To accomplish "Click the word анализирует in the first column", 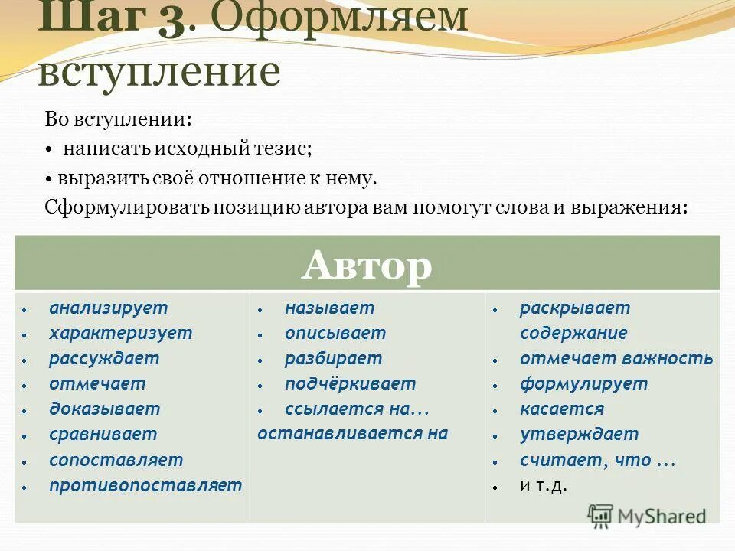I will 108,308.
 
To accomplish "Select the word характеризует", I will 120,334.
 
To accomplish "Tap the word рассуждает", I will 104,359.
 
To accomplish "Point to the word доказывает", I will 105,409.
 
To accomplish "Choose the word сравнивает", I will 103,435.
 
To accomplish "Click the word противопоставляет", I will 145,485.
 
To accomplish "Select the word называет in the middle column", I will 329,308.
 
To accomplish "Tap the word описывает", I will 335,334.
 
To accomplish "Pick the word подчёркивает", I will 350,384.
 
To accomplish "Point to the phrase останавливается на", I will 352,433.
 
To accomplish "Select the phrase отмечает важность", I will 616,359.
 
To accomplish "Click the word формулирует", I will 583,384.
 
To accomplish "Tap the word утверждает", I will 579,435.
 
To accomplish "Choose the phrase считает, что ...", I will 596,460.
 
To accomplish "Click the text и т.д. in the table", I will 544,486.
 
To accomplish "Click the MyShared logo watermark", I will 647,516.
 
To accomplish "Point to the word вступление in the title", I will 159,72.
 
